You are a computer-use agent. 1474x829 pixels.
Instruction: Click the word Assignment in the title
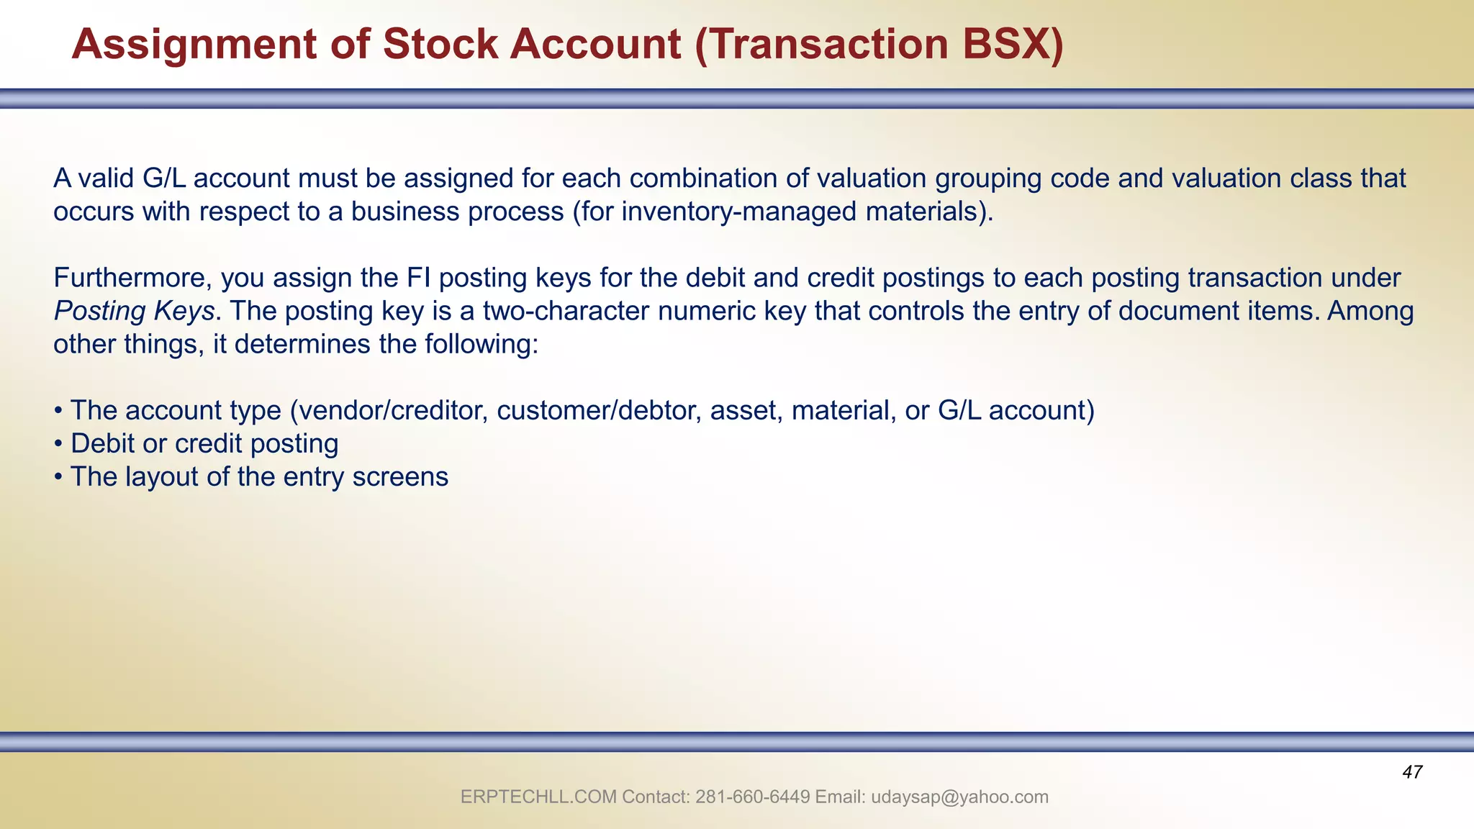click(x=194, y=45)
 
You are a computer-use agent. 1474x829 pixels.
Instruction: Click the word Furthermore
click(x=132, y=278)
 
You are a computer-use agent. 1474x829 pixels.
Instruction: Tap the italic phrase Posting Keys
click(x=134, y=311)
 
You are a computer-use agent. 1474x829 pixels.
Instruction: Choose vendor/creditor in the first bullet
click(x=392, y=410)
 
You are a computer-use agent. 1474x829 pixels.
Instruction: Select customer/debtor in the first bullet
click(x=599, y=410)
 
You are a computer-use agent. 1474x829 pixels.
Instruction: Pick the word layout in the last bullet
click(x=162, y=476)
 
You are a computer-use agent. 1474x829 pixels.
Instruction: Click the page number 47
click(x=1412, y=773)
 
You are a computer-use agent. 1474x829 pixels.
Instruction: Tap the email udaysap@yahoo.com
click(x=959, y=797)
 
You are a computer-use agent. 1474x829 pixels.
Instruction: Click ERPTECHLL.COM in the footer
click(x=538, y=797)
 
